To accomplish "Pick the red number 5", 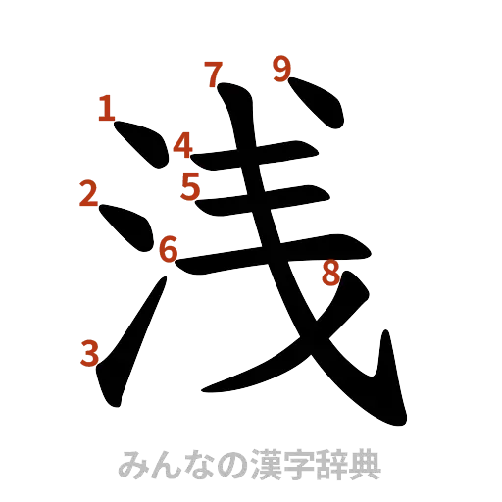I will click(x=190, y=184).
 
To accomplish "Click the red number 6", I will click(x=169, y=250).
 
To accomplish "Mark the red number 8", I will click(x=330, y=276).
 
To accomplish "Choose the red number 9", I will click(x=282, y=70).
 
